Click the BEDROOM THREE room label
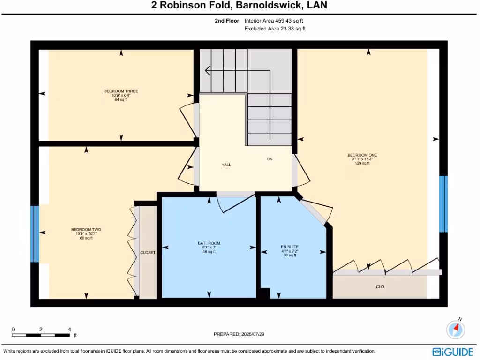pyautogui.click(x=121, y=91)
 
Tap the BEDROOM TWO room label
pyautogui.click(x=86, y=230)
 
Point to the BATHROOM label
pyautogui.click(x=209, y=243)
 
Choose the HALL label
pyautogui.click(x=226, y=165)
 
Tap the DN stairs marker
pyautogui.click(x=270, y=159)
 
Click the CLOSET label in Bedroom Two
pyautogui.click(x=148, y=253)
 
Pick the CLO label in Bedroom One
pyautogui.click(x=380, y=287)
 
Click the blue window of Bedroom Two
pyautogui.click(x=34, y=233)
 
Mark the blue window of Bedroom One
pyautogui.click(x=443, y=204)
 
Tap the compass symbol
pyautogui.click(x=455, y=329)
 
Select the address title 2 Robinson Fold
pyautogui.click(x=239, y=6)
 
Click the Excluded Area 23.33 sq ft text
pyautogui.click(x=275, y=29)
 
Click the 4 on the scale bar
pyautogui.click(x=69, y=329)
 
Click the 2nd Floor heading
pyautogui.click(x=227, y=21)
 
